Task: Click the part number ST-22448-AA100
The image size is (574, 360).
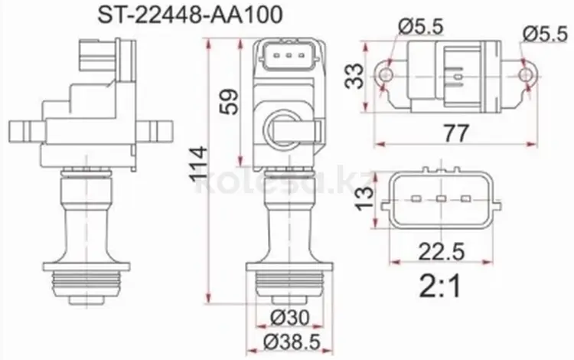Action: coord(190,15)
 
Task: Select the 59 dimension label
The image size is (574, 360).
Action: coord(230,102)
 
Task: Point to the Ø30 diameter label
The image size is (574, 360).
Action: coord(289,317)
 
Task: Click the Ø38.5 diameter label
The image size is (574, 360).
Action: coord(292,342)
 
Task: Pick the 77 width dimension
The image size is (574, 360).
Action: coord(456,133)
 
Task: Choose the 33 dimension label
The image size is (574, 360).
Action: coord(354,76)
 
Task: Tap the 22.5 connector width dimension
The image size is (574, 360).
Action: coord(441,251)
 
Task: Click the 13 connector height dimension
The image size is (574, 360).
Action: coord(365,198)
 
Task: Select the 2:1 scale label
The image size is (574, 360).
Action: coord(440,286)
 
